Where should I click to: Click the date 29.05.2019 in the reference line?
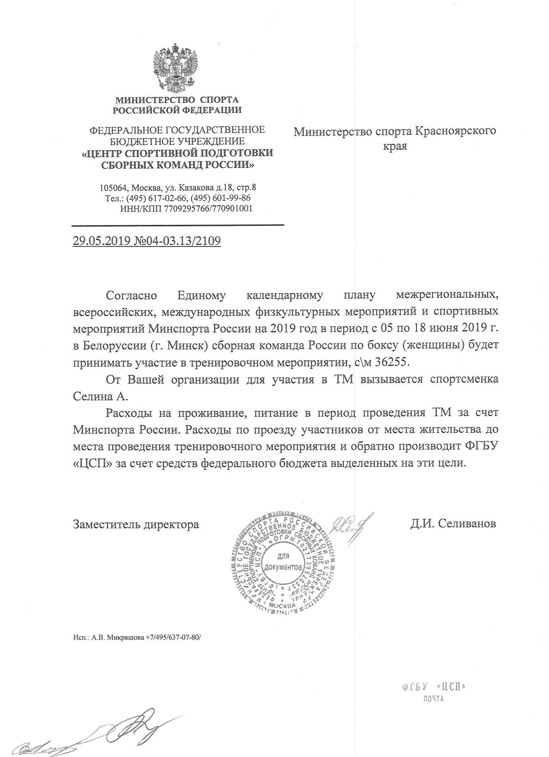click(101, 241)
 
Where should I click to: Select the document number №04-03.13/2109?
click(177, 241)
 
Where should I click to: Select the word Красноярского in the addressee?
click(455, 131)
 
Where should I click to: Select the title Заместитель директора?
click(136, 524)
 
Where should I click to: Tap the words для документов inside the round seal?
click(283, 562)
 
